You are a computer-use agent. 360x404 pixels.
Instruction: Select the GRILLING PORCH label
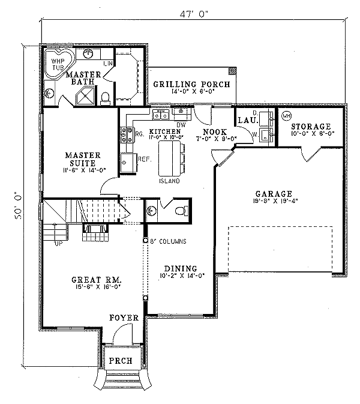pos(190,85)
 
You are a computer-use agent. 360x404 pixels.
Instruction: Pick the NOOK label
pos(214,131)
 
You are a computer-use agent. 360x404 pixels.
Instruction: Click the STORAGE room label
pos(310,127)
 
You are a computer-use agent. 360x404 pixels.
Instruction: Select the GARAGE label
pos(273,194)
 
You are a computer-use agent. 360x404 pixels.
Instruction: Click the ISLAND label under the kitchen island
pos(169,181)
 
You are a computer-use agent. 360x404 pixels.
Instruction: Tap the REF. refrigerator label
pos(144,160)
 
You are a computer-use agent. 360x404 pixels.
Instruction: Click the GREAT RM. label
pos(96,280)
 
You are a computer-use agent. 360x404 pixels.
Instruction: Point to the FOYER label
pos(124,317)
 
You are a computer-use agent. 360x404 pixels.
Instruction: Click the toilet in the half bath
pos(178,211)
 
